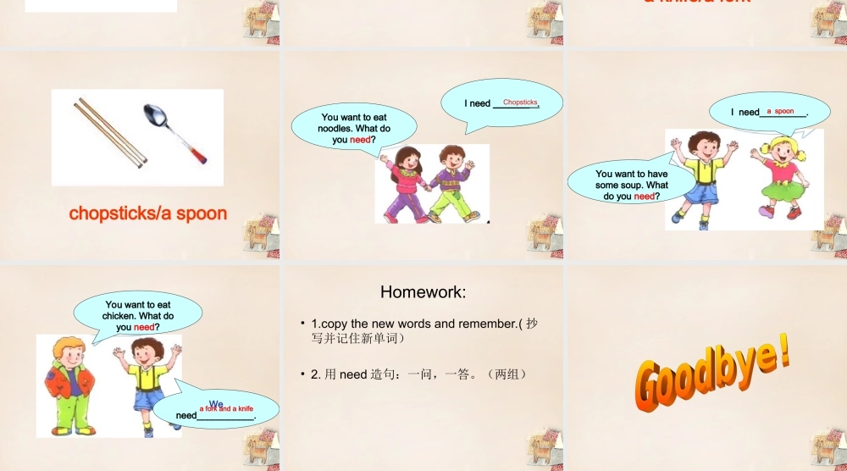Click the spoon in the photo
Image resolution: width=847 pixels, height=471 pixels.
click(175, 132)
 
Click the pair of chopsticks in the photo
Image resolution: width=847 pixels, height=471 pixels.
click(111, 130)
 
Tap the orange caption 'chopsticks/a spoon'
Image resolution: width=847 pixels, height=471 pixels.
click(148, 213)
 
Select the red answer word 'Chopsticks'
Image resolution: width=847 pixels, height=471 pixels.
click(520, 103)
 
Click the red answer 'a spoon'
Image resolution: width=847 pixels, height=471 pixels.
click(780, 111)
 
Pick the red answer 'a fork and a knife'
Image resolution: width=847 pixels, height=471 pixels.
click(226, 408)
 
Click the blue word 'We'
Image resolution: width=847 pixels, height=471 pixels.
click(216, 403)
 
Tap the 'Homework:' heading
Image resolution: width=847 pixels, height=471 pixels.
click(423, 292)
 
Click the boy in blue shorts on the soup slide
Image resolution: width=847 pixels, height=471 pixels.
click(702, 178)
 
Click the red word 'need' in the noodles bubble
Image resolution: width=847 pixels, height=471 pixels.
click(361, 140)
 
